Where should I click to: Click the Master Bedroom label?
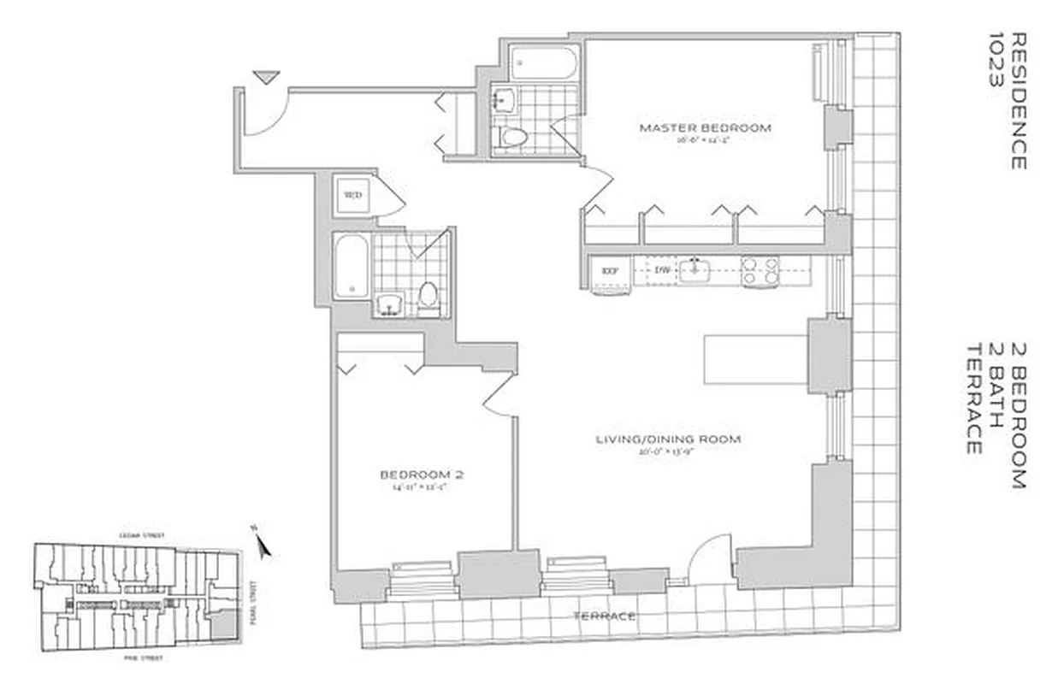(x=705, y=128)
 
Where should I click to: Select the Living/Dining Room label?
(x=668, y=439)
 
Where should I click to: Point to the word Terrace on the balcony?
(x=605, y=616)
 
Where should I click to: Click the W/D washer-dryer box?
(x=352, y=195)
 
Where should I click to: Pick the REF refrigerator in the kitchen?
(x=610, y=271)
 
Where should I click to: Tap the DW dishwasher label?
(x=661, y=271)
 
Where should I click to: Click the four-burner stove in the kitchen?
(x=759, y=271)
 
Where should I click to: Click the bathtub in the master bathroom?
(x=544, y=63)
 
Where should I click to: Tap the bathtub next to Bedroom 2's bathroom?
(x=351, y=266)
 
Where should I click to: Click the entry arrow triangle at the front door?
(x=266, y=77)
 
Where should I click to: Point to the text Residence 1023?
(x=1007, y=101)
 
